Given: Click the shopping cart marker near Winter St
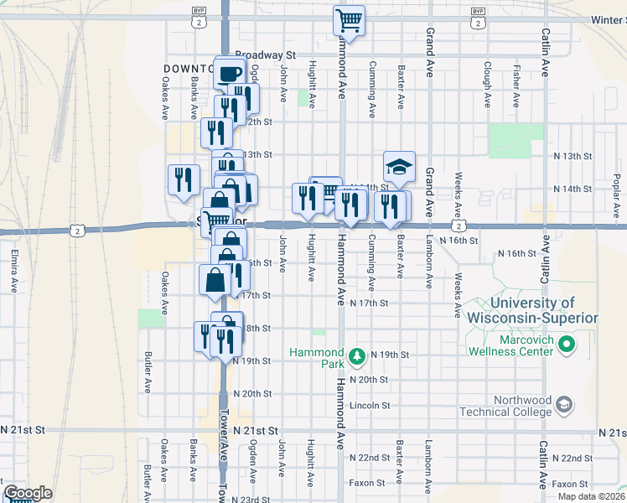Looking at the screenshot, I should tap(349, 19).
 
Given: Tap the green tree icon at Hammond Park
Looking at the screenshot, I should tap(357, 356).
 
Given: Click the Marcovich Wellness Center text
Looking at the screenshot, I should tap(512, 345).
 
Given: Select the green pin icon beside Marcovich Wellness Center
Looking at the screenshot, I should tap(566, 344).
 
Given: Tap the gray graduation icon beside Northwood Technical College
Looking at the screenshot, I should tap(565, 406).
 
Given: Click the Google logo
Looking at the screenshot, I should tap(27, 493).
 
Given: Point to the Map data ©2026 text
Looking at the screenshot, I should tap(591, 496).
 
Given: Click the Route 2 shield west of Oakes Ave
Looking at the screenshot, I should tap(77, 230).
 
